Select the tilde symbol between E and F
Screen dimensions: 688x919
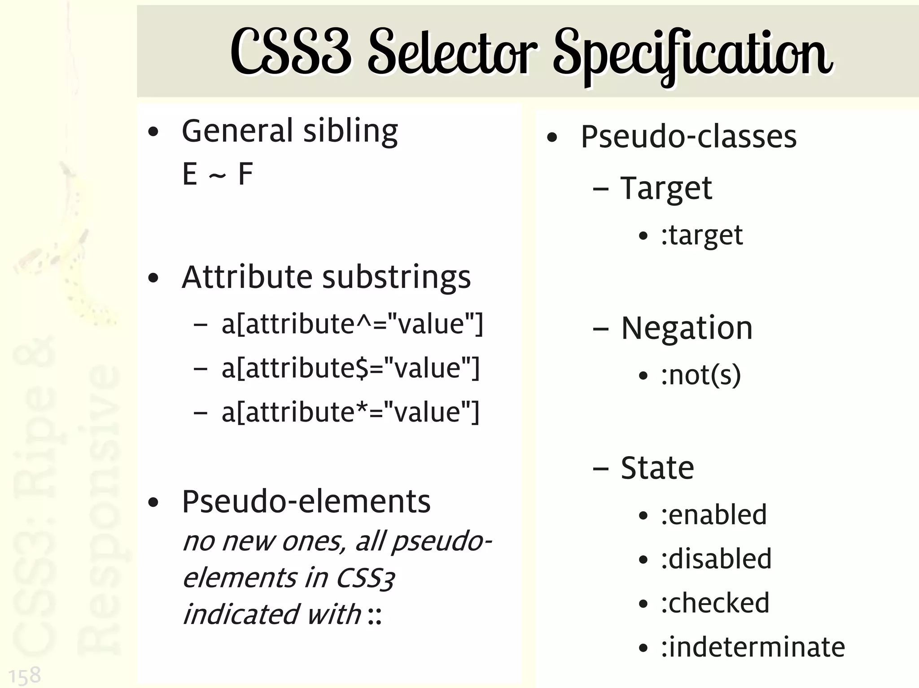click(x=217, y=175)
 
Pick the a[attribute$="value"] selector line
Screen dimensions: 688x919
click(x=350, y=368)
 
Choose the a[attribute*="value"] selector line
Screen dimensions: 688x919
click(x=350, y=412)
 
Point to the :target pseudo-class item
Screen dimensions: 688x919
click(x=702, y=235)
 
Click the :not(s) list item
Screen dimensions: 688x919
click(x=700, y=375)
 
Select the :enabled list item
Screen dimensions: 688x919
click(x=713, y=515)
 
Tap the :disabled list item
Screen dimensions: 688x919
click(x=716, y=559)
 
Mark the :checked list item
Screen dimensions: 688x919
click(x=715, y=603)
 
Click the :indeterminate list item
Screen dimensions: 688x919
click(x=753, y=647)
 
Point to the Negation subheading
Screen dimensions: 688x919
click(x=687, y=328)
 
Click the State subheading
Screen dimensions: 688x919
click(x=657, y=468)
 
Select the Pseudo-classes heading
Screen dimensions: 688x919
click(x=689, y=137)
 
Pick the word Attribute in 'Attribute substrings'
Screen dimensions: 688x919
click(x=247, y=277)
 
